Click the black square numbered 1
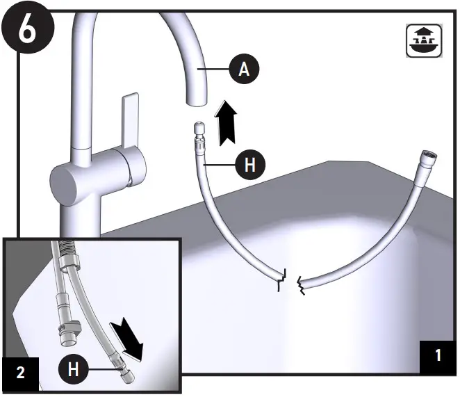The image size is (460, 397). point(438,355)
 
